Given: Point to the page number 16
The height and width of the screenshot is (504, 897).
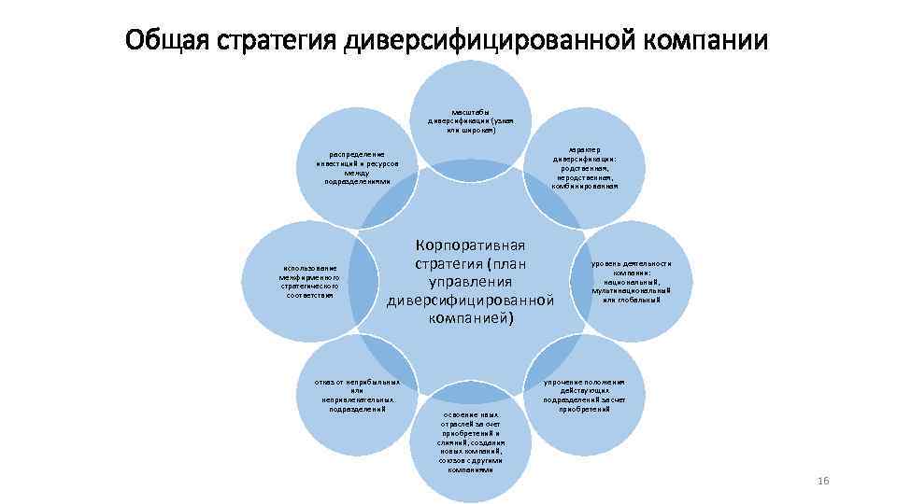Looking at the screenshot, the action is tap(822, 480).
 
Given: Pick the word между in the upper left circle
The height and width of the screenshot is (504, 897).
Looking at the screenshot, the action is tap(357, 173).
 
